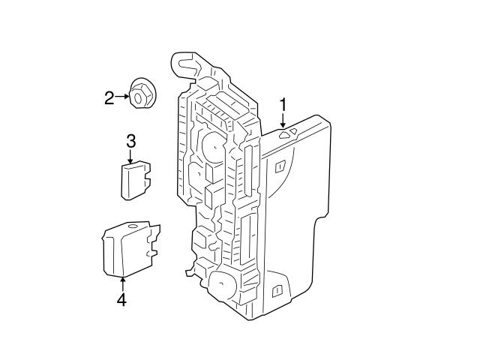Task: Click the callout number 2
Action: [109, 97]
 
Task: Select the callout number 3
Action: [130, 140]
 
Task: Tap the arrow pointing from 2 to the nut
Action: [123, 97]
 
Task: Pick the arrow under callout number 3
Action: [130, 156]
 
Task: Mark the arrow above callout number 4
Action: [121, 284]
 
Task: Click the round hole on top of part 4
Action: [133, 225]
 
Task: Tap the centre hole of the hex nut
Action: [139, 95]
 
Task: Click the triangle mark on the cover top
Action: [289, 133]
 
